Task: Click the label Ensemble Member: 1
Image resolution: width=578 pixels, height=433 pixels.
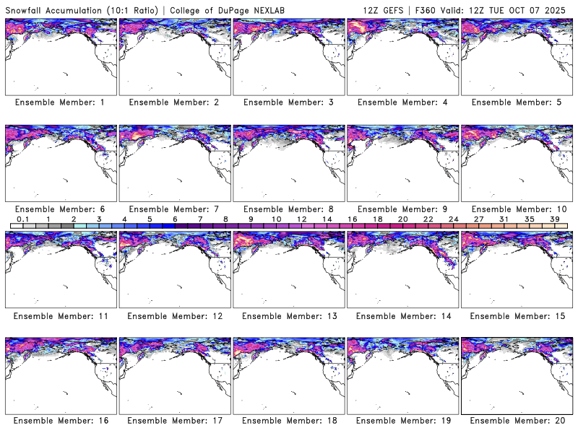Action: [x=59, y=102]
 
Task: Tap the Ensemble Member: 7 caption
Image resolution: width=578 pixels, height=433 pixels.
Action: [x=173, y=209]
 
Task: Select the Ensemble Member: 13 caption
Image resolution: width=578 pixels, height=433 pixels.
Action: [x=287, y=315]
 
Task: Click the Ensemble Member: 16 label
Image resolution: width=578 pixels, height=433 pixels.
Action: [x=59, y=421]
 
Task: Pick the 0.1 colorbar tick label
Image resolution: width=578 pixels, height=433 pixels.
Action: [x=22, y=218]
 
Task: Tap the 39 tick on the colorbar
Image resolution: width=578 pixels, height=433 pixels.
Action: [x=554, y=218]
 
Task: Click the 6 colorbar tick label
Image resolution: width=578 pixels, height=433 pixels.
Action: [x=175, y=218]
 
